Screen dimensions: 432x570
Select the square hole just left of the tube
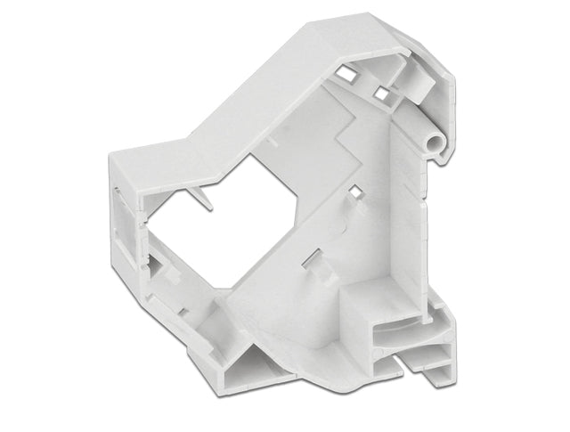[x=380, y=92]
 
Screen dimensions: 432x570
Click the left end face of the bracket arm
[x=125, y=214]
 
